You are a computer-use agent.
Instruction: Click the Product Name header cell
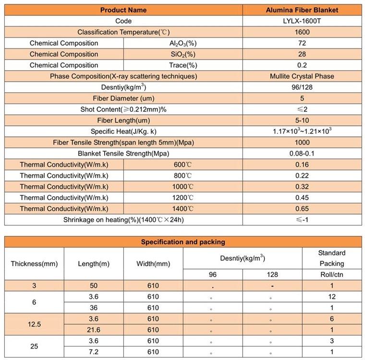pyautogui.click(x=123, y=10)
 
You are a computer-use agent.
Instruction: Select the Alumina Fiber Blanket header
pyautogui.click(x=302, y=10)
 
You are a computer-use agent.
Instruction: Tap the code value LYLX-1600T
pyautogui.click(x=302, y=21)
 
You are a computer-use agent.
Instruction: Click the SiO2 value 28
pyautogui.click(x=302, y=54)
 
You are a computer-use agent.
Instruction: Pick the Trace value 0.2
pyautogui.click(x=302, y=65)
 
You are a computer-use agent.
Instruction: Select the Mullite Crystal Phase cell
pyautogui.click(x=302, y=76)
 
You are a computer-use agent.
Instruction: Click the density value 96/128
pyautogui.click(x=302, y=87)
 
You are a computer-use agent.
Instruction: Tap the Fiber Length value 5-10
pyautogui.click(x=302, y=120)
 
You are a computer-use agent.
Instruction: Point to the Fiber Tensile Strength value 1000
pyautogui.click(x=302, y=143)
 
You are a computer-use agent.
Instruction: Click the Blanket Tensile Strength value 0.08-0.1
pyautogui.click(x=302, y=154)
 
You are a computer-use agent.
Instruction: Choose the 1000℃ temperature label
pyautogui.click(x=183, y=187)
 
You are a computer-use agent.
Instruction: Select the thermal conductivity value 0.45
pyautogui.click(x=302, y=198)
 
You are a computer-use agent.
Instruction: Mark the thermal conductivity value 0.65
pyautogui.click(x=302, y=209)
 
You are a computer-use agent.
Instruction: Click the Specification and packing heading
pyautogui.click(x=183, y=242)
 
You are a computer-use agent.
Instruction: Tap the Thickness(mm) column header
pyautogui.click(x=34, y=264)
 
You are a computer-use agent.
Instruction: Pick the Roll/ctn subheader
pyautogui.click(x=332, y=275)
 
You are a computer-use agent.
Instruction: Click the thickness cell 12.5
pyautogui.click(x=34, y=324)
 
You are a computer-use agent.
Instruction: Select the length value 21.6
pyautogui.click(x=94, y=330)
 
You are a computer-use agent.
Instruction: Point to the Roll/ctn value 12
pyautogui.click(x=332, y=297)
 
